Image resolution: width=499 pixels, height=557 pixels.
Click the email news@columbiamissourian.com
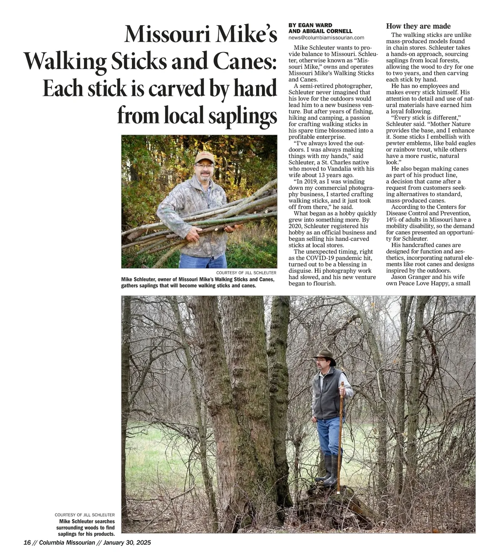coord(326,38)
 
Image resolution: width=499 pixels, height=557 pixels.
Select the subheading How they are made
coord(418,26)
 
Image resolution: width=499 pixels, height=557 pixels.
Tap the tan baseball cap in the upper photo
coord(204,157)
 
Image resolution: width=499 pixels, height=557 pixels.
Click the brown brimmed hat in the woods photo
coord(324,355)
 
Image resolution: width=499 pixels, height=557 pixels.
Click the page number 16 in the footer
coord(27,542)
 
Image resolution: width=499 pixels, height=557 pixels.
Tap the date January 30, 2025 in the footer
coord(127,542)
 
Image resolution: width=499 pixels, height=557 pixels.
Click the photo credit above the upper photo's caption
coord(246,273)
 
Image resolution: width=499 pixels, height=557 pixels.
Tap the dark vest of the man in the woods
coord(329,395)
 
